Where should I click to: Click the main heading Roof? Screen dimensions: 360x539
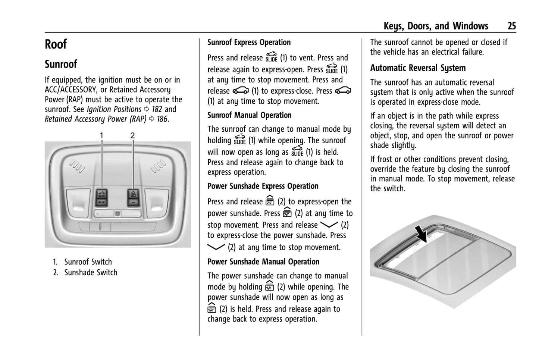coord(56,44)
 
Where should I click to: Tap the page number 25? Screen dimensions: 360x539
coord(511,26)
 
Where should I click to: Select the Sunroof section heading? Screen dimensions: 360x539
coord(61,64)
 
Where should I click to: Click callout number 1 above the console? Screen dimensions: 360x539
coord(101,135)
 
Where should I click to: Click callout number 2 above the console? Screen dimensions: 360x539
coord(132,135)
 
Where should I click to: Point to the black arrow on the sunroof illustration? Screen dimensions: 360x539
coord(422,234)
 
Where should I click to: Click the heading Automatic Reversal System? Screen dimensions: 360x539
coord(418,68)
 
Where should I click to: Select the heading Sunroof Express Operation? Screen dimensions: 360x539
coord(249,43)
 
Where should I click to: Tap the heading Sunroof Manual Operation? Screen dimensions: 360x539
coord(249,115)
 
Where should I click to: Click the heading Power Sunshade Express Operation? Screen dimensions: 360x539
coord(263,186)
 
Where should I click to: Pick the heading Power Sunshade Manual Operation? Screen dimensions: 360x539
coord(263,262)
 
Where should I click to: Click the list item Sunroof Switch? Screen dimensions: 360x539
coord(88,262)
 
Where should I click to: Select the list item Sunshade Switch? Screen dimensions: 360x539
coord(90,273)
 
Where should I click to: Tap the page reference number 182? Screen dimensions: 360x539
coord(157,109)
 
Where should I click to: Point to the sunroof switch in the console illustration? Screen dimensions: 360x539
coord(102,198)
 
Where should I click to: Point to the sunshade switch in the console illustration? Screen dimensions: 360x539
coord(133,198)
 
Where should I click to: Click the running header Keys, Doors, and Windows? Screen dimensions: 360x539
coord(436,26)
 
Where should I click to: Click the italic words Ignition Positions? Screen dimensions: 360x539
coord(114,109)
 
